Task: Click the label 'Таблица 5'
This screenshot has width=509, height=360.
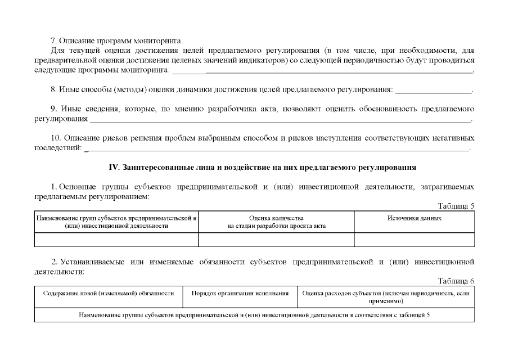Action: coord(456,206)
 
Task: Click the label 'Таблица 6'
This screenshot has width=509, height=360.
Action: coord(456,281)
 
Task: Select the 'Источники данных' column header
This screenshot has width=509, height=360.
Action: coord(414,218)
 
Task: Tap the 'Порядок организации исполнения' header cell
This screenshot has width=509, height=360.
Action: coord(240,294)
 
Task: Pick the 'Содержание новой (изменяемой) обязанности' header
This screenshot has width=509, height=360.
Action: coord(109,294)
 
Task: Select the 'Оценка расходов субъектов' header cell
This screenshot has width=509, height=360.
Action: coord(385,297)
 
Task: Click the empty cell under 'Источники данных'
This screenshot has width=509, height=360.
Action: coord(414,240)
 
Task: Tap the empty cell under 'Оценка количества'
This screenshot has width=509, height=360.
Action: coord(276,240)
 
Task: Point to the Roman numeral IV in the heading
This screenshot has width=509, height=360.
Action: coord(111,168)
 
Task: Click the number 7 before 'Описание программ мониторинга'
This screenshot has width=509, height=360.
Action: coord(53,41)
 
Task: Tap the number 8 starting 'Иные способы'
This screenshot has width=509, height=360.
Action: coord(53,89)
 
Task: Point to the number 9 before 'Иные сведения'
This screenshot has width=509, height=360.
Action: coord(53,108)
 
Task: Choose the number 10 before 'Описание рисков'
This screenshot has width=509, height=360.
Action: coord(55,138)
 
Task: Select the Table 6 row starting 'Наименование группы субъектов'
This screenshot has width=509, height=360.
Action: coord(254,314)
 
